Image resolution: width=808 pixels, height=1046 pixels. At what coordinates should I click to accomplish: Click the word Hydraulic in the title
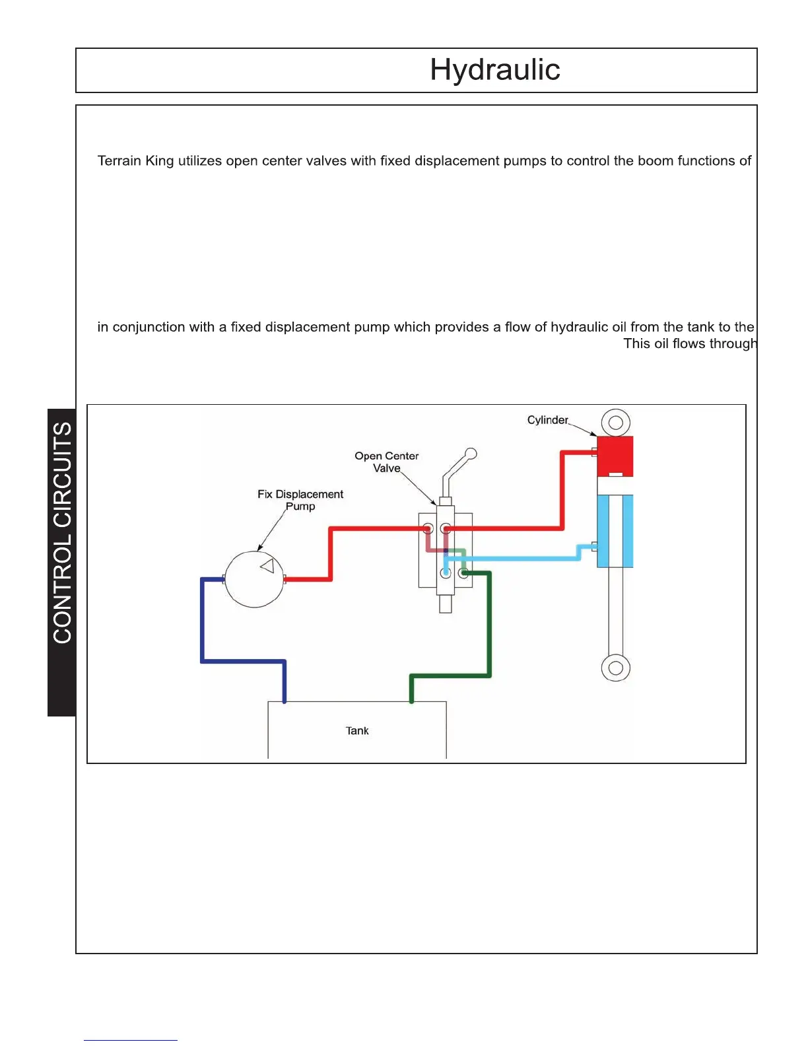pyautogui.click(x=495, y=70)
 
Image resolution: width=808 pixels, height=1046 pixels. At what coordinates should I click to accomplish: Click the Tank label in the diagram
pyautogui.click(x=357, y=731)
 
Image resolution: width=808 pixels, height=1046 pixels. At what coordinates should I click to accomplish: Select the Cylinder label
pyautogui.click(x=547, y=420)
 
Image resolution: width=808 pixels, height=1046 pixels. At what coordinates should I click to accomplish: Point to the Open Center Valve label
pyautogui.click(x=387, y=462)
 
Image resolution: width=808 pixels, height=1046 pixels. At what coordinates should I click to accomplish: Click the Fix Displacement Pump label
pyautogui.click(x=300, y=500)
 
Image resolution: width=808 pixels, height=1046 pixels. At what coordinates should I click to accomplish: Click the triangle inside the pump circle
pyautogui.click(x=267, y=566)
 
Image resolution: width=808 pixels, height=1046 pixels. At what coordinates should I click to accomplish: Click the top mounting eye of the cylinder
pyautogui.click(x=616, y=423)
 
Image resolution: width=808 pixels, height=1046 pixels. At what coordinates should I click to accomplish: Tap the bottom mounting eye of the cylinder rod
pyautogui.click(x=616, y=668)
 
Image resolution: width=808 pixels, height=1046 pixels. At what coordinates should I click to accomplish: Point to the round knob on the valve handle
pyautogui.click(x=471, y=454)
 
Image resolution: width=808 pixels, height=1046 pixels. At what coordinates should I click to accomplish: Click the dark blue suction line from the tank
pyautogui.click(x=203, y=627)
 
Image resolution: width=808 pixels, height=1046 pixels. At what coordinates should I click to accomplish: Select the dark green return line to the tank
pyautogui.click(x=489, y=627)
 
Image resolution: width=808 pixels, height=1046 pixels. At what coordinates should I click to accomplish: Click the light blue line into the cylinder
pyautogui.click(x=522, y=559)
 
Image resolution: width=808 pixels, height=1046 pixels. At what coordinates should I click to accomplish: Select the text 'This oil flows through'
pyautogui.click(x=690, y=343)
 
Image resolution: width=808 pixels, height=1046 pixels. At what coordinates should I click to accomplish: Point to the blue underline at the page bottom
pyautogui.click(x=131, y=1040)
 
